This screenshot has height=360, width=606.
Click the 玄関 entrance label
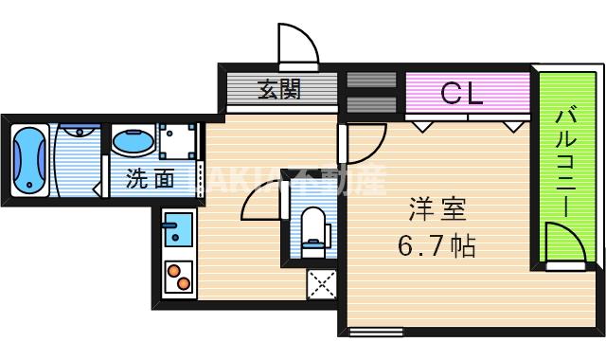pyautogui.click(x=279, y=92)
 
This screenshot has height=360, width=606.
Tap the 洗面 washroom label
pyautogui.click(x=150, y=177)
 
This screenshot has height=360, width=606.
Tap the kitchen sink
pyautogui.click(x=176, y=229)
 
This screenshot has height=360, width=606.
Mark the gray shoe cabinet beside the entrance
pyautogui.click(x=360, y=92)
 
